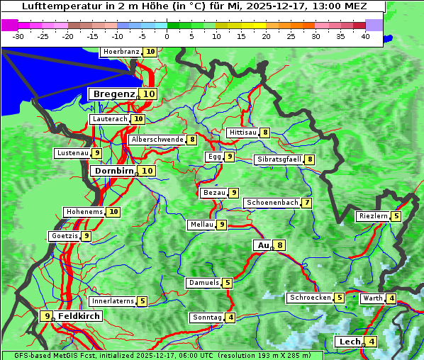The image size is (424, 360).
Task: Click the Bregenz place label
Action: tap(113, 94)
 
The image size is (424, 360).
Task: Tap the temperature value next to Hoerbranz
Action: tap(150, 52)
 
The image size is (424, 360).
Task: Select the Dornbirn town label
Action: tap(113, 171)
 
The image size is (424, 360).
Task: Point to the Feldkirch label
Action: tap(79, 316)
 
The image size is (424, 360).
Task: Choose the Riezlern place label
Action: tap(372, 216)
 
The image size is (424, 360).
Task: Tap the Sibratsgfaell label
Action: tap(279, 159)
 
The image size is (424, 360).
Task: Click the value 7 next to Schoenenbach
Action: tap(306, 203)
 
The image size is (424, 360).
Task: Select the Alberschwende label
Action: tap(157, 140)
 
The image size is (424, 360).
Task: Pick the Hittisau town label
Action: tap(242, 133)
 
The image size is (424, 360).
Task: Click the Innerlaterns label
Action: tap(113, 301)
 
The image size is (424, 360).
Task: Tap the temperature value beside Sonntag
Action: tap(231, 317)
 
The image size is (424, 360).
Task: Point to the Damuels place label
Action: tap(203, 283)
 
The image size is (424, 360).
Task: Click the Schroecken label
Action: tap(310, 298)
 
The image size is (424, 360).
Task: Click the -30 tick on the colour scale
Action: tap(18, 36)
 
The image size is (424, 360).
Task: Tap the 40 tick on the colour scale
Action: tap(365, 36)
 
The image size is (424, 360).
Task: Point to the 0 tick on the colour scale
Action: tap(167, 36)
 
